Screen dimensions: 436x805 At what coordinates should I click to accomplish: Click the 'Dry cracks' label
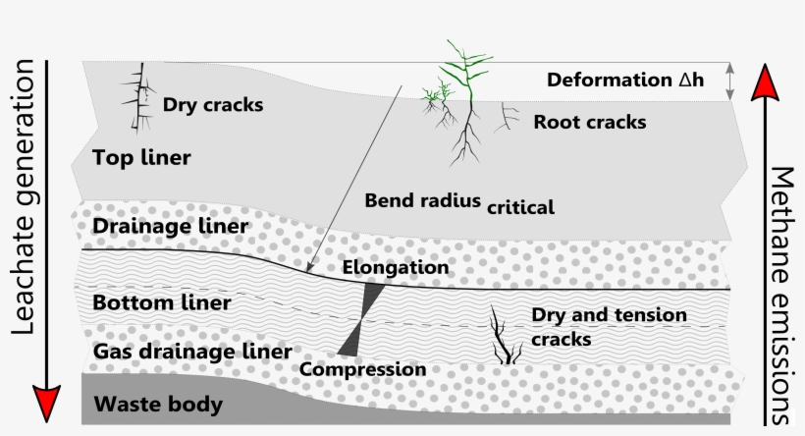tap(212, 104)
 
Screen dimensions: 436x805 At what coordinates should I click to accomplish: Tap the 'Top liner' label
tap(141, 157)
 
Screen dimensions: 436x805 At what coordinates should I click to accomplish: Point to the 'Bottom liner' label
tap(161, 302)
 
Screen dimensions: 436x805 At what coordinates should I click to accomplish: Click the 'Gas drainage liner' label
tap(191, 351)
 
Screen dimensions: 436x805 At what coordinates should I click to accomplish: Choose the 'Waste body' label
tap(157, 404)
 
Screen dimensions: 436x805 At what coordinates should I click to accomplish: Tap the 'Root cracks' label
tap(589, 123)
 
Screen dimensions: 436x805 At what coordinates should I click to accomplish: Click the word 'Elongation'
tap(396, 267)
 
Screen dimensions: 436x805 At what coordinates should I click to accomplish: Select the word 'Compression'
tap(363, 370)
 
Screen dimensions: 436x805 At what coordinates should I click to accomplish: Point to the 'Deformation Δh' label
tap(625, 80)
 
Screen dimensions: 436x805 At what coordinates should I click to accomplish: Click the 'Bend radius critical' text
tap(459, 203)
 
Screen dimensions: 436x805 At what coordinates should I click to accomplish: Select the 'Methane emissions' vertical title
tap(781, 295)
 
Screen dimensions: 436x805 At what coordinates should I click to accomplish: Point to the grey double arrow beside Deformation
tap(729, 82)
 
